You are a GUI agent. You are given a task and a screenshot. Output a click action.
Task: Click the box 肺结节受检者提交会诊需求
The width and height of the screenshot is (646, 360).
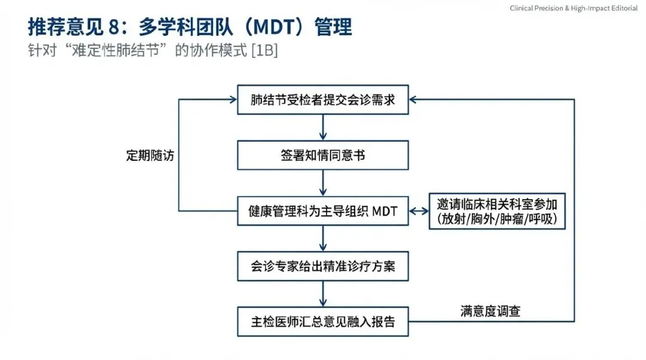point(323,100)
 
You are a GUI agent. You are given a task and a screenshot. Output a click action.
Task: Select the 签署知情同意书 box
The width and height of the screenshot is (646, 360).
point(323,155)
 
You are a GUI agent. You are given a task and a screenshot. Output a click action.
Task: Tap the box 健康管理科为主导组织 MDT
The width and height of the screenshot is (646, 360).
point(323,210)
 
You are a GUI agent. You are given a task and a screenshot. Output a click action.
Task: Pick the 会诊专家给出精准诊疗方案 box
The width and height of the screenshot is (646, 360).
point(323,266)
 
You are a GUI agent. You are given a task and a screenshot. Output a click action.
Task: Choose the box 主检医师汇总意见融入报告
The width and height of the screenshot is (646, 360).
point(323,321)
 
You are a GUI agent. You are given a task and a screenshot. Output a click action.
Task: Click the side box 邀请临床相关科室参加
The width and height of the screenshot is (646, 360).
point(497,204)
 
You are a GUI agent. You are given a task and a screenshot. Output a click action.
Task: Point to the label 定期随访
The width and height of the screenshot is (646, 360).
point(150,155)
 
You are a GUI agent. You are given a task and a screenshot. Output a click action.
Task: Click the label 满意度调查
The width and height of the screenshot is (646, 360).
point(490,311)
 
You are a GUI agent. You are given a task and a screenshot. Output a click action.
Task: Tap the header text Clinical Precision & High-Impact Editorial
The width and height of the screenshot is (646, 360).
point(574,8)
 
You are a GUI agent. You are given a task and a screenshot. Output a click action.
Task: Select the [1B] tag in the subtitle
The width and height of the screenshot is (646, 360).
point(264,50)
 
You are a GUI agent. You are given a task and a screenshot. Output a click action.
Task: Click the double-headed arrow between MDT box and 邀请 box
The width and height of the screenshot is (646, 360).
point(419,210)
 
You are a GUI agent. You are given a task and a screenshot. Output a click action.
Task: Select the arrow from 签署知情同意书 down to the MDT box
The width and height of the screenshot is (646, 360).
point(323,183)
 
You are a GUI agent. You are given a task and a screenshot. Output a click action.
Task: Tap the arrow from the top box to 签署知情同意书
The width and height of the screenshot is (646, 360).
point(323,127)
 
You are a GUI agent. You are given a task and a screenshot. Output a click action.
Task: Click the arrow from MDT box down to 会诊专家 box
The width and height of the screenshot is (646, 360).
point(323,238)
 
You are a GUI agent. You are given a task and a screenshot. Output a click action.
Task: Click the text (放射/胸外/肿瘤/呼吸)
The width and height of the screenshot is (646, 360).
point(497,219)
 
